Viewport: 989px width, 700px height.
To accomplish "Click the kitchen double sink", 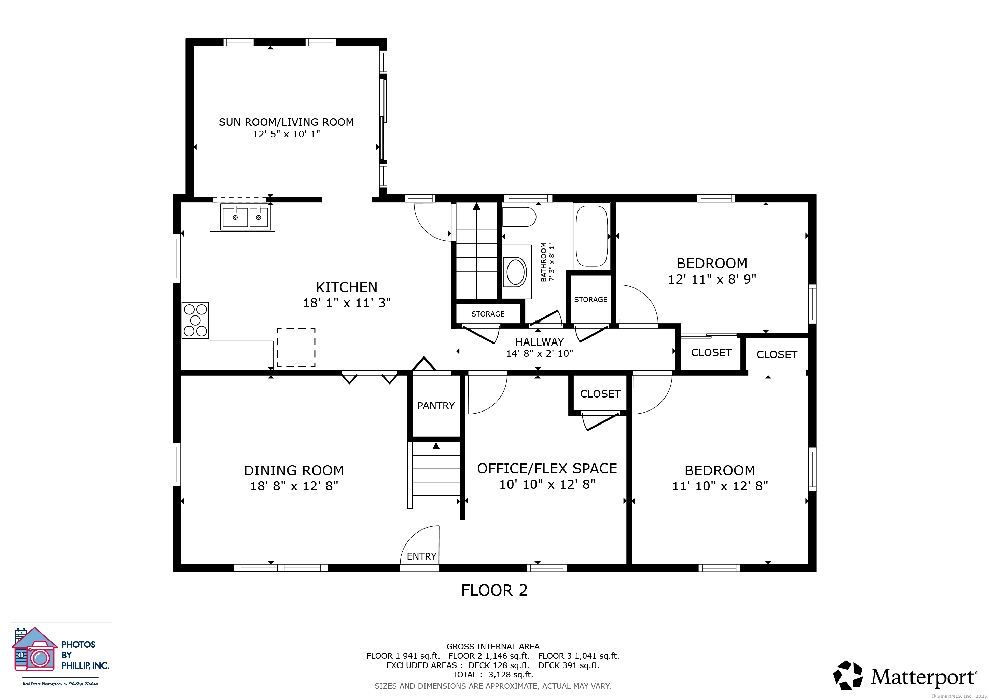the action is point(247,217).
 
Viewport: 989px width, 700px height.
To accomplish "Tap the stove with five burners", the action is point(195,320).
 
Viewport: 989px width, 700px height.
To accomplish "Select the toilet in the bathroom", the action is point(519,217).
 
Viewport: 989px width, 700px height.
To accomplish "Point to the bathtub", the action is point(592,236).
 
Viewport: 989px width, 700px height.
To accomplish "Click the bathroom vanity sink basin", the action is point(516,272).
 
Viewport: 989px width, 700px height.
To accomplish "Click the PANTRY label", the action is point(436,406).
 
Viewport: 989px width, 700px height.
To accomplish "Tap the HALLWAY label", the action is point(540,342).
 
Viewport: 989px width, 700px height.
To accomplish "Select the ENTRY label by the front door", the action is point(422,556).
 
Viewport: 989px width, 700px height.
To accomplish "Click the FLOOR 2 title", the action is point(494,590).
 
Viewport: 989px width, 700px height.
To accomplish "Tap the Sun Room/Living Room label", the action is point(287,122).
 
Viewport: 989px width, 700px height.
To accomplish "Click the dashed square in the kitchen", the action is point(296,347).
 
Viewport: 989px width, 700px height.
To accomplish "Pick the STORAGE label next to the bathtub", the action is point(590,299).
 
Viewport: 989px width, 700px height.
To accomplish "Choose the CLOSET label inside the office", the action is point(600,394).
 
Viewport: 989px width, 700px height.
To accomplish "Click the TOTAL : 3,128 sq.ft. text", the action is point(493,675).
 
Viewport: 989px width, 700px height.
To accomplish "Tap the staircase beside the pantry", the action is point(436,475).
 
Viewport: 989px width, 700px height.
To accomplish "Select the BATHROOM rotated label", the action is point(544,262).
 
